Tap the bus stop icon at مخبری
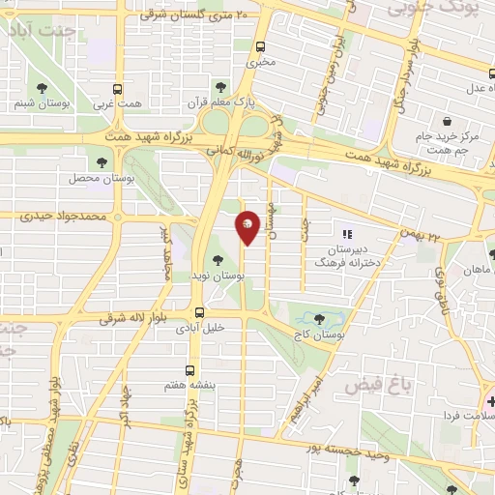click(x=260, y=46)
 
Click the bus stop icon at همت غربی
click(x=118, y=87)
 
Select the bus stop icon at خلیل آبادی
click(x=199, y=312)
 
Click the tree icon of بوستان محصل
click(x=101, y=162)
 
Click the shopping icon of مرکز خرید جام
click(x=447, y=121)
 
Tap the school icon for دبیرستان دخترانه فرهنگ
click(x=346, y=232)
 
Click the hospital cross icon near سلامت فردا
click(x=490, y=400)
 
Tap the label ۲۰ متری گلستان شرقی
click(x=193, y=15)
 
